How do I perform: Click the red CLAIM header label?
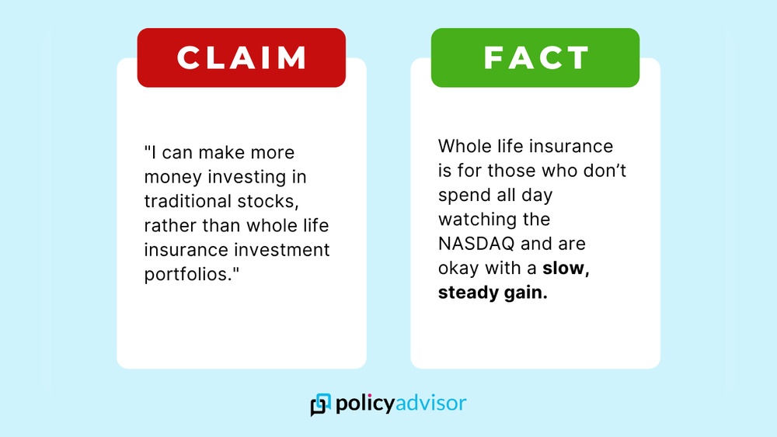[242, 58]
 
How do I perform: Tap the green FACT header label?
[535, 58]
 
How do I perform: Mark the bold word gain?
[525, 293]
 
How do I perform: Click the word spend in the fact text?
[463, 195]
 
